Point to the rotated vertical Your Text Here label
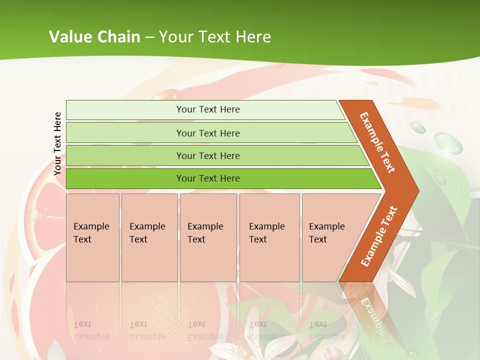pyautogui.click(x=57, y=143)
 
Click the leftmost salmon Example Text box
pyautogui.click(x=92, y=237)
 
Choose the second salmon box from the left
pyautogui.click(x=149, y=237)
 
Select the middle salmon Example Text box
pyautogui.click(x=208, y=237)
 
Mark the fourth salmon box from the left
pyautogui.click(x=269, y=237)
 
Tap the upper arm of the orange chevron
pyautogui.click(x=378, y=142)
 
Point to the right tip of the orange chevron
pyautogui.click(x=415, y=191)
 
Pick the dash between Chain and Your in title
pyautogui.click(x=149, y=37)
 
